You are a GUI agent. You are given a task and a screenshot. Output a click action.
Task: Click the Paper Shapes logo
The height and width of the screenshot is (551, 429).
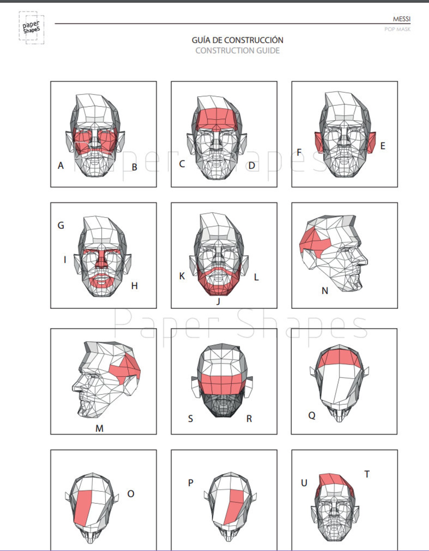point(31,28)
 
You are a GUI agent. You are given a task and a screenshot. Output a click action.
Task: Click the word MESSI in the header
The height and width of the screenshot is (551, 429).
point(401,19)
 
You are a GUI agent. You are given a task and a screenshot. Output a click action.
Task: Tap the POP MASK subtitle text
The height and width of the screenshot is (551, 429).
point(397,29)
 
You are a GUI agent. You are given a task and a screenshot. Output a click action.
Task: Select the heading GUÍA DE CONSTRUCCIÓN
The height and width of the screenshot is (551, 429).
point(237,40)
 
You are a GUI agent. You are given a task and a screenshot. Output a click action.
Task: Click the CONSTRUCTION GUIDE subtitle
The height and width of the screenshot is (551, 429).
point(237,50)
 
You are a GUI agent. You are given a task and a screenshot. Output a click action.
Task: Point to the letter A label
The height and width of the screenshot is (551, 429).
point(61,165)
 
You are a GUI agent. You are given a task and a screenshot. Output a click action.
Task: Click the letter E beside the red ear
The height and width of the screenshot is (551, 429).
point(383,146)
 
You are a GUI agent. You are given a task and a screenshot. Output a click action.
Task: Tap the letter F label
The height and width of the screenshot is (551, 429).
point(299,152)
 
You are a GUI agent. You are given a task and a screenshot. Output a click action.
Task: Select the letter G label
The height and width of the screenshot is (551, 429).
point(61,225)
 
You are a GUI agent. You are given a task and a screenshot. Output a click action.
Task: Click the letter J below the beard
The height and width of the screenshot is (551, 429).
point(218,301)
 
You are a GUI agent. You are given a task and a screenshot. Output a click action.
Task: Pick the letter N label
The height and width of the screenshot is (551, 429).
point(325,291)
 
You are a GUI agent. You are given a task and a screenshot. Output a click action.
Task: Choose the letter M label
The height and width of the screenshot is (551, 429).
point(99,428)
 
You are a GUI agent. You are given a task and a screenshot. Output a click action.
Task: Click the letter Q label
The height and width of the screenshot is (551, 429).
point(311,415)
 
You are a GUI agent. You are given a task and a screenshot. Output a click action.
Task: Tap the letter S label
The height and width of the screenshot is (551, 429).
point(190,419)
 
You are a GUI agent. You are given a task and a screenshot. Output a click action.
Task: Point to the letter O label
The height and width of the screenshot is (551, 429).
point(131,494)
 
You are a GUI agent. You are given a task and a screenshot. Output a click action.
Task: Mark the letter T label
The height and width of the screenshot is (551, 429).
point(367,474)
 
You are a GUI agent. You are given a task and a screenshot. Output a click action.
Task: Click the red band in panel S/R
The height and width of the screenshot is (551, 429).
point(222,383)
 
